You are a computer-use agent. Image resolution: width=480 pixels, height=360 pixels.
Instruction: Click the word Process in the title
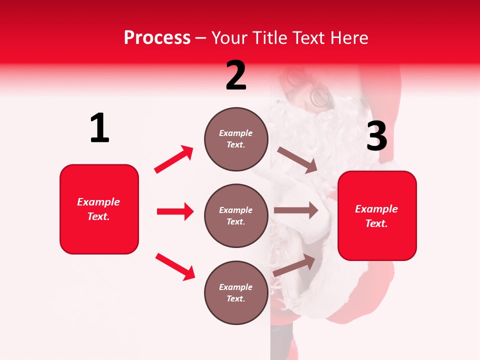pyautogui.click(x=157, y=37)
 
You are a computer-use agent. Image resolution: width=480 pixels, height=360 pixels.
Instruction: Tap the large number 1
pyautogui.click(x=99, y=128)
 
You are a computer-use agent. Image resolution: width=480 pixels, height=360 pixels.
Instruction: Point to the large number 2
pyautogui.click(x=236, y=75)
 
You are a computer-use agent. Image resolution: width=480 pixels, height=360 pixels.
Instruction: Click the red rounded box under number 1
pyautogui.click(x=99, y=209)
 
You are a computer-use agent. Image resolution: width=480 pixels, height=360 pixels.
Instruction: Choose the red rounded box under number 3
pyautogui.click(x=377, y=215)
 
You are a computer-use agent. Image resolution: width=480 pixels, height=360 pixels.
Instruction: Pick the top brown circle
pyautogui.click(x=236, y=139)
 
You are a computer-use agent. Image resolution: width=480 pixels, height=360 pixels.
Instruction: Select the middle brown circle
pyautogui.click(x=236, y=215)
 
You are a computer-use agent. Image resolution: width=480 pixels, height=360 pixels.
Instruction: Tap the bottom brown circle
pyautogui.click(x=236, y=292)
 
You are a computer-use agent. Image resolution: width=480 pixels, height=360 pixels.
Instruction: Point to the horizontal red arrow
pyautogui.click(x=175, y=211)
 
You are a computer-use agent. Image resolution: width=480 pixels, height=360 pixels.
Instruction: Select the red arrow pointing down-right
pyautogui.click(x=175, y=266)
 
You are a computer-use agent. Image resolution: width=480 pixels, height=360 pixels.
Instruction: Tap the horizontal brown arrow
pyautogui.click(x=296, y=210)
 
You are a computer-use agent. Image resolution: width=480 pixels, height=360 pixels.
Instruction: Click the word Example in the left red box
pyautogui.click(x=98, y=202)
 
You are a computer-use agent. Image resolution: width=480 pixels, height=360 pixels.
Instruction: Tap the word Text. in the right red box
pyautogui.click(x=376, y=223)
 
